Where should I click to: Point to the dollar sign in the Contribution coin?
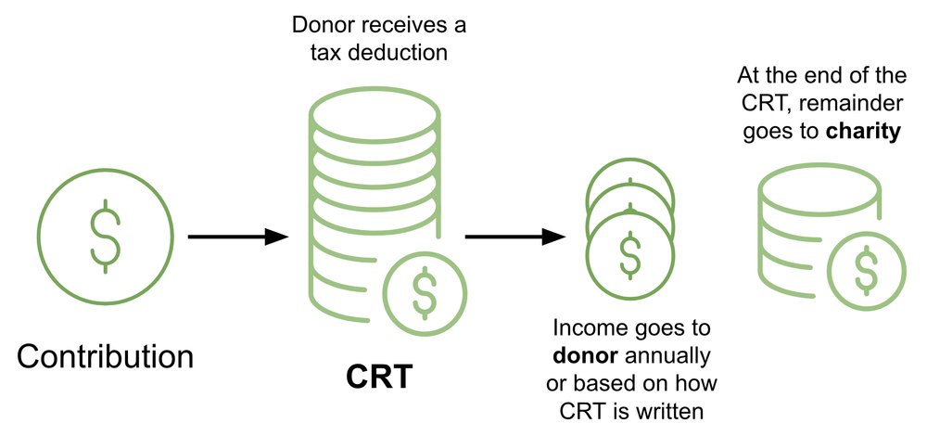[105, 237]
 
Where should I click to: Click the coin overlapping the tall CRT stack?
[424, 291]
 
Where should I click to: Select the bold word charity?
[864, 133]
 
